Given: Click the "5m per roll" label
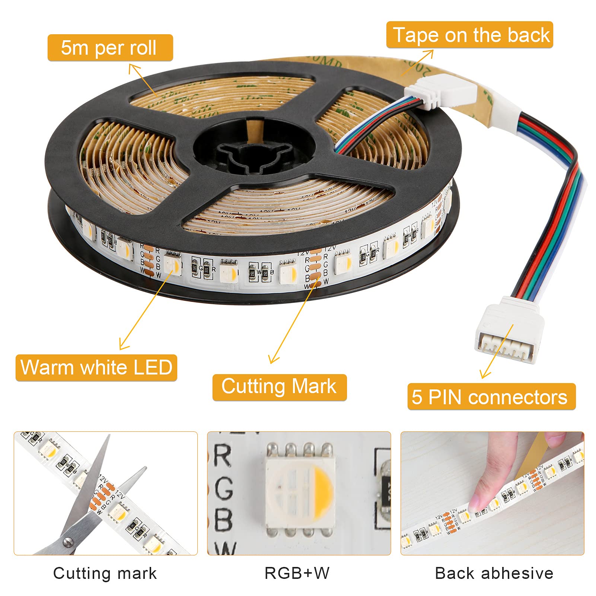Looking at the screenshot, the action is click(110, 48).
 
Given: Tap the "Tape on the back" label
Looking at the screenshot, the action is click(469, 35).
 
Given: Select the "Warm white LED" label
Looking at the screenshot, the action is click(96, 367).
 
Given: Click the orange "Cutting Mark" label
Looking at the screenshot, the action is click(279, 387).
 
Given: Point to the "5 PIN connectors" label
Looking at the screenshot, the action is click(491, 397).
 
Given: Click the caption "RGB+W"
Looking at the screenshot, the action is click(297, 573).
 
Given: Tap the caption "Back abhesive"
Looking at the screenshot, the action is click(494, 573).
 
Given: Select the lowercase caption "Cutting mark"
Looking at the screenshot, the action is click(105, 573).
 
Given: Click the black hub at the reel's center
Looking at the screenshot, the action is click(257, 153).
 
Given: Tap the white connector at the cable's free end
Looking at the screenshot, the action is click(508, 329).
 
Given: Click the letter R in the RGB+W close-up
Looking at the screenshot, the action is click(222, 456).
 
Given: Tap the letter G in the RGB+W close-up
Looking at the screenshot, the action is click(223, 488).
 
